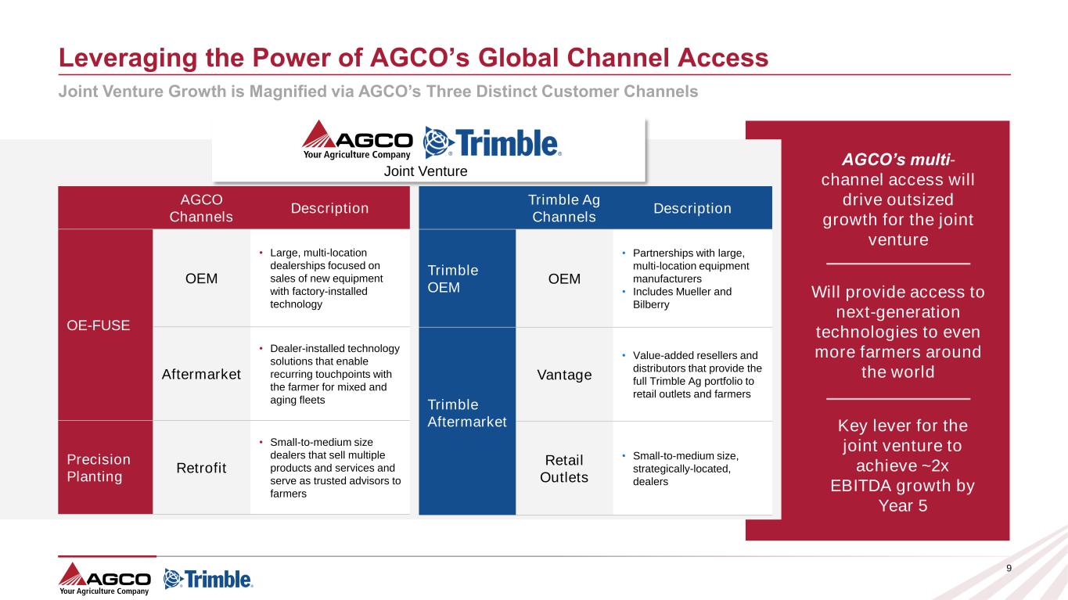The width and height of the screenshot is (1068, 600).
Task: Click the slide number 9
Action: [x=1008, y=568]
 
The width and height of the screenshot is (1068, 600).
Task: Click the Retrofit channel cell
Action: [x=201, y=468]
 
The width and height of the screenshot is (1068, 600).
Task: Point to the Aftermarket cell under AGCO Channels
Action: [x=201, y=374]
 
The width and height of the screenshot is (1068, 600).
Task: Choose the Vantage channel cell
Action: [x=564, y=375]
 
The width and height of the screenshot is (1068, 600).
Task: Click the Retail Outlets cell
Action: [x=564, y=467]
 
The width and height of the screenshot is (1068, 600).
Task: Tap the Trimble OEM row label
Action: [x=453, y=278]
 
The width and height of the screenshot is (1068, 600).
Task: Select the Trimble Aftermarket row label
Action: [x=467, y=413]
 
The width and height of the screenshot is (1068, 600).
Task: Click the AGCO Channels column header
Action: [x=201, y=208]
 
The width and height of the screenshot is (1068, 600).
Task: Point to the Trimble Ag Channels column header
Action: [x=564, y=208]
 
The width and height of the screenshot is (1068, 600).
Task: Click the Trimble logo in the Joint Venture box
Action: [x=492, y=142]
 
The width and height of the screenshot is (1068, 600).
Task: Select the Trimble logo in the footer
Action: [x=208, y=579]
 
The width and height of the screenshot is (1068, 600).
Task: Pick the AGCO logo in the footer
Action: [x=105, y=579]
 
